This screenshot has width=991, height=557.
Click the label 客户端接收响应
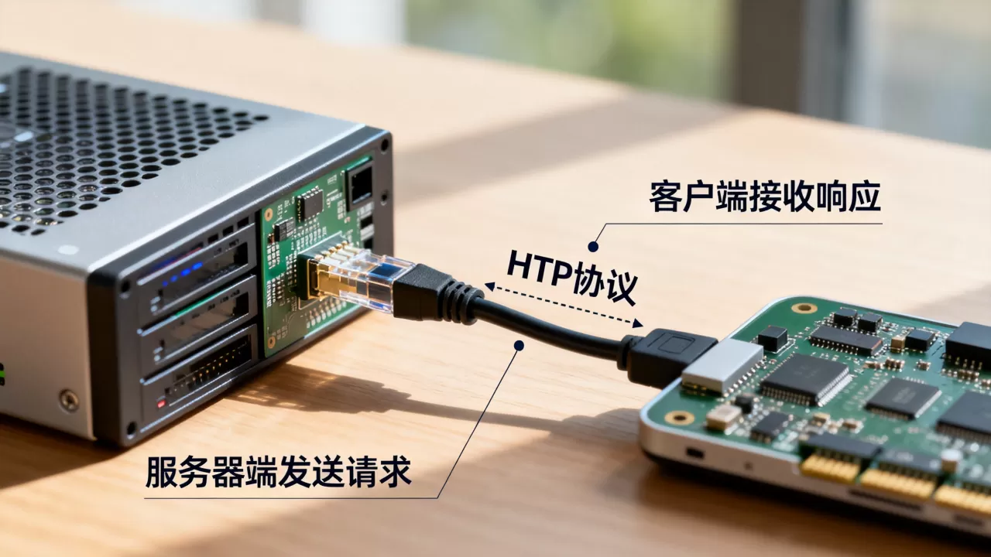(x=765, y=196)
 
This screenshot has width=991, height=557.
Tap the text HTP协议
(x=572, y=277)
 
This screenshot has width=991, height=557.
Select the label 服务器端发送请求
(x=278, y=471)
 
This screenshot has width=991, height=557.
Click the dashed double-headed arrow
(x=564, y=305)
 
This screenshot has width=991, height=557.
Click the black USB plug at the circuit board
(x=668, y=358)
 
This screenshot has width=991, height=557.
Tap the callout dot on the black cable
(x=520, y=345)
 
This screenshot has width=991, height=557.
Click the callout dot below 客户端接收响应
(x=593, y=247)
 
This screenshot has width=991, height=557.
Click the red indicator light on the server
(x=161, y=403)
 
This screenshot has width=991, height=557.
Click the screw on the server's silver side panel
(x=69, y=401)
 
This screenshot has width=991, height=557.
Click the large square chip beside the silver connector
(x=806, y=379)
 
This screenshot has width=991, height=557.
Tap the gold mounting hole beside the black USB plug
(x=679, y=417)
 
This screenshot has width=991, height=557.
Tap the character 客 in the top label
(x=665, y=196)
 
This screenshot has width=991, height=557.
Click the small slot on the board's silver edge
(x=694, y=453)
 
